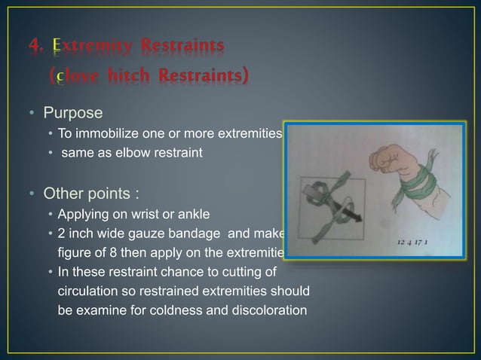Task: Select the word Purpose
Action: pos(73,113)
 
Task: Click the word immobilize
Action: pos(103,134)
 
